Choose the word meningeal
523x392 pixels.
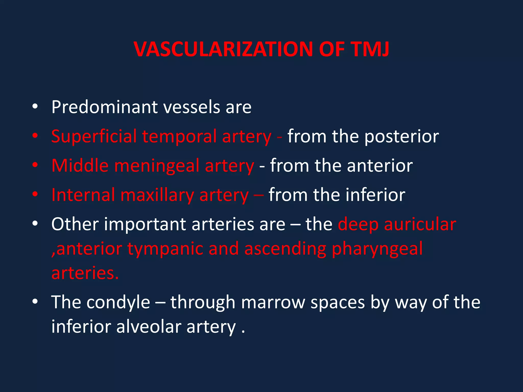tap(157, 166)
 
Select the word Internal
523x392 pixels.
tap(83, 195)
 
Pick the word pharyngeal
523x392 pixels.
tap(377, 249)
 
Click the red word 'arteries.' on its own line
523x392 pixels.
tap(85, 273)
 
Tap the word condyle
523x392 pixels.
tap(118, 302)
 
